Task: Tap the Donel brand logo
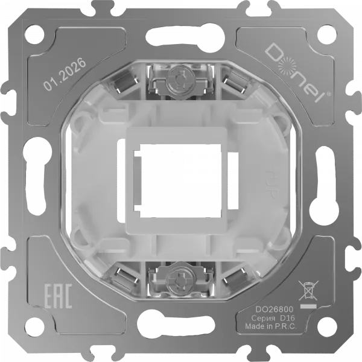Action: coord(297,73)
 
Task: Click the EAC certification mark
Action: coord(58,296)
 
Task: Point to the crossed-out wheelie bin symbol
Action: coord(308,290)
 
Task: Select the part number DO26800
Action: coord(275,309)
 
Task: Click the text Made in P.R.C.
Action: coord(271,326)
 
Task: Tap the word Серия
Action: coord(263,319)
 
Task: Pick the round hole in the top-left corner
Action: coord(34,35)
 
